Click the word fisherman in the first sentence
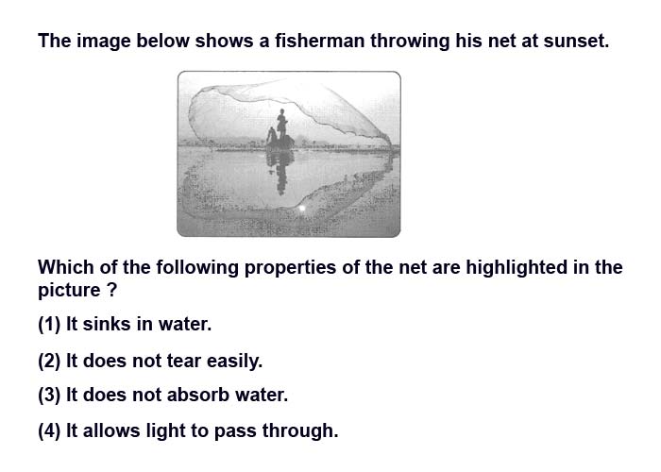pyautogui.click(x=320, y=41)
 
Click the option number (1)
pyautogui.click(x=49, y=325)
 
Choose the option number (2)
pyautogui.click(x=49, y=362)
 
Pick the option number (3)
pyautogui.click(x=49, y=395)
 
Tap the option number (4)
pyautogui.click(x=49, y=431)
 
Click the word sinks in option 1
pyautogui.click(x=107, y=324)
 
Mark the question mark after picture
pyautogui.click(x=111, y=291)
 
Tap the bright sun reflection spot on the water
pyautogui.click(x=302, y=209)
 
